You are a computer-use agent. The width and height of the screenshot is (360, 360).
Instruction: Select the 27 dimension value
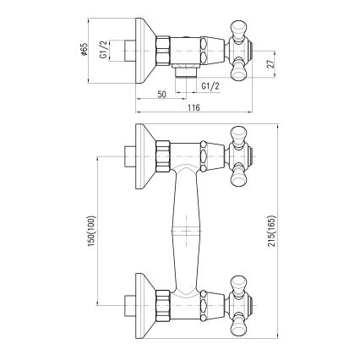[x=269, y=63]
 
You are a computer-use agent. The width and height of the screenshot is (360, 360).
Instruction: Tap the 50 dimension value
[x=161, y=93]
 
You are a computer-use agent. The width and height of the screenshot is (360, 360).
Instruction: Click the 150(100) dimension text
[x=91, y=229]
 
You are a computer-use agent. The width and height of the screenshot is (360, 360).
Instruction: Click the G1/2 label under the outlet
[x=211, y=85]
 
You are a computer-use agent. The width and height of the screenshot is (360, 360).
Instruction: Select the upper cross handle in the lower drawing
[x=240, y=156]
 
